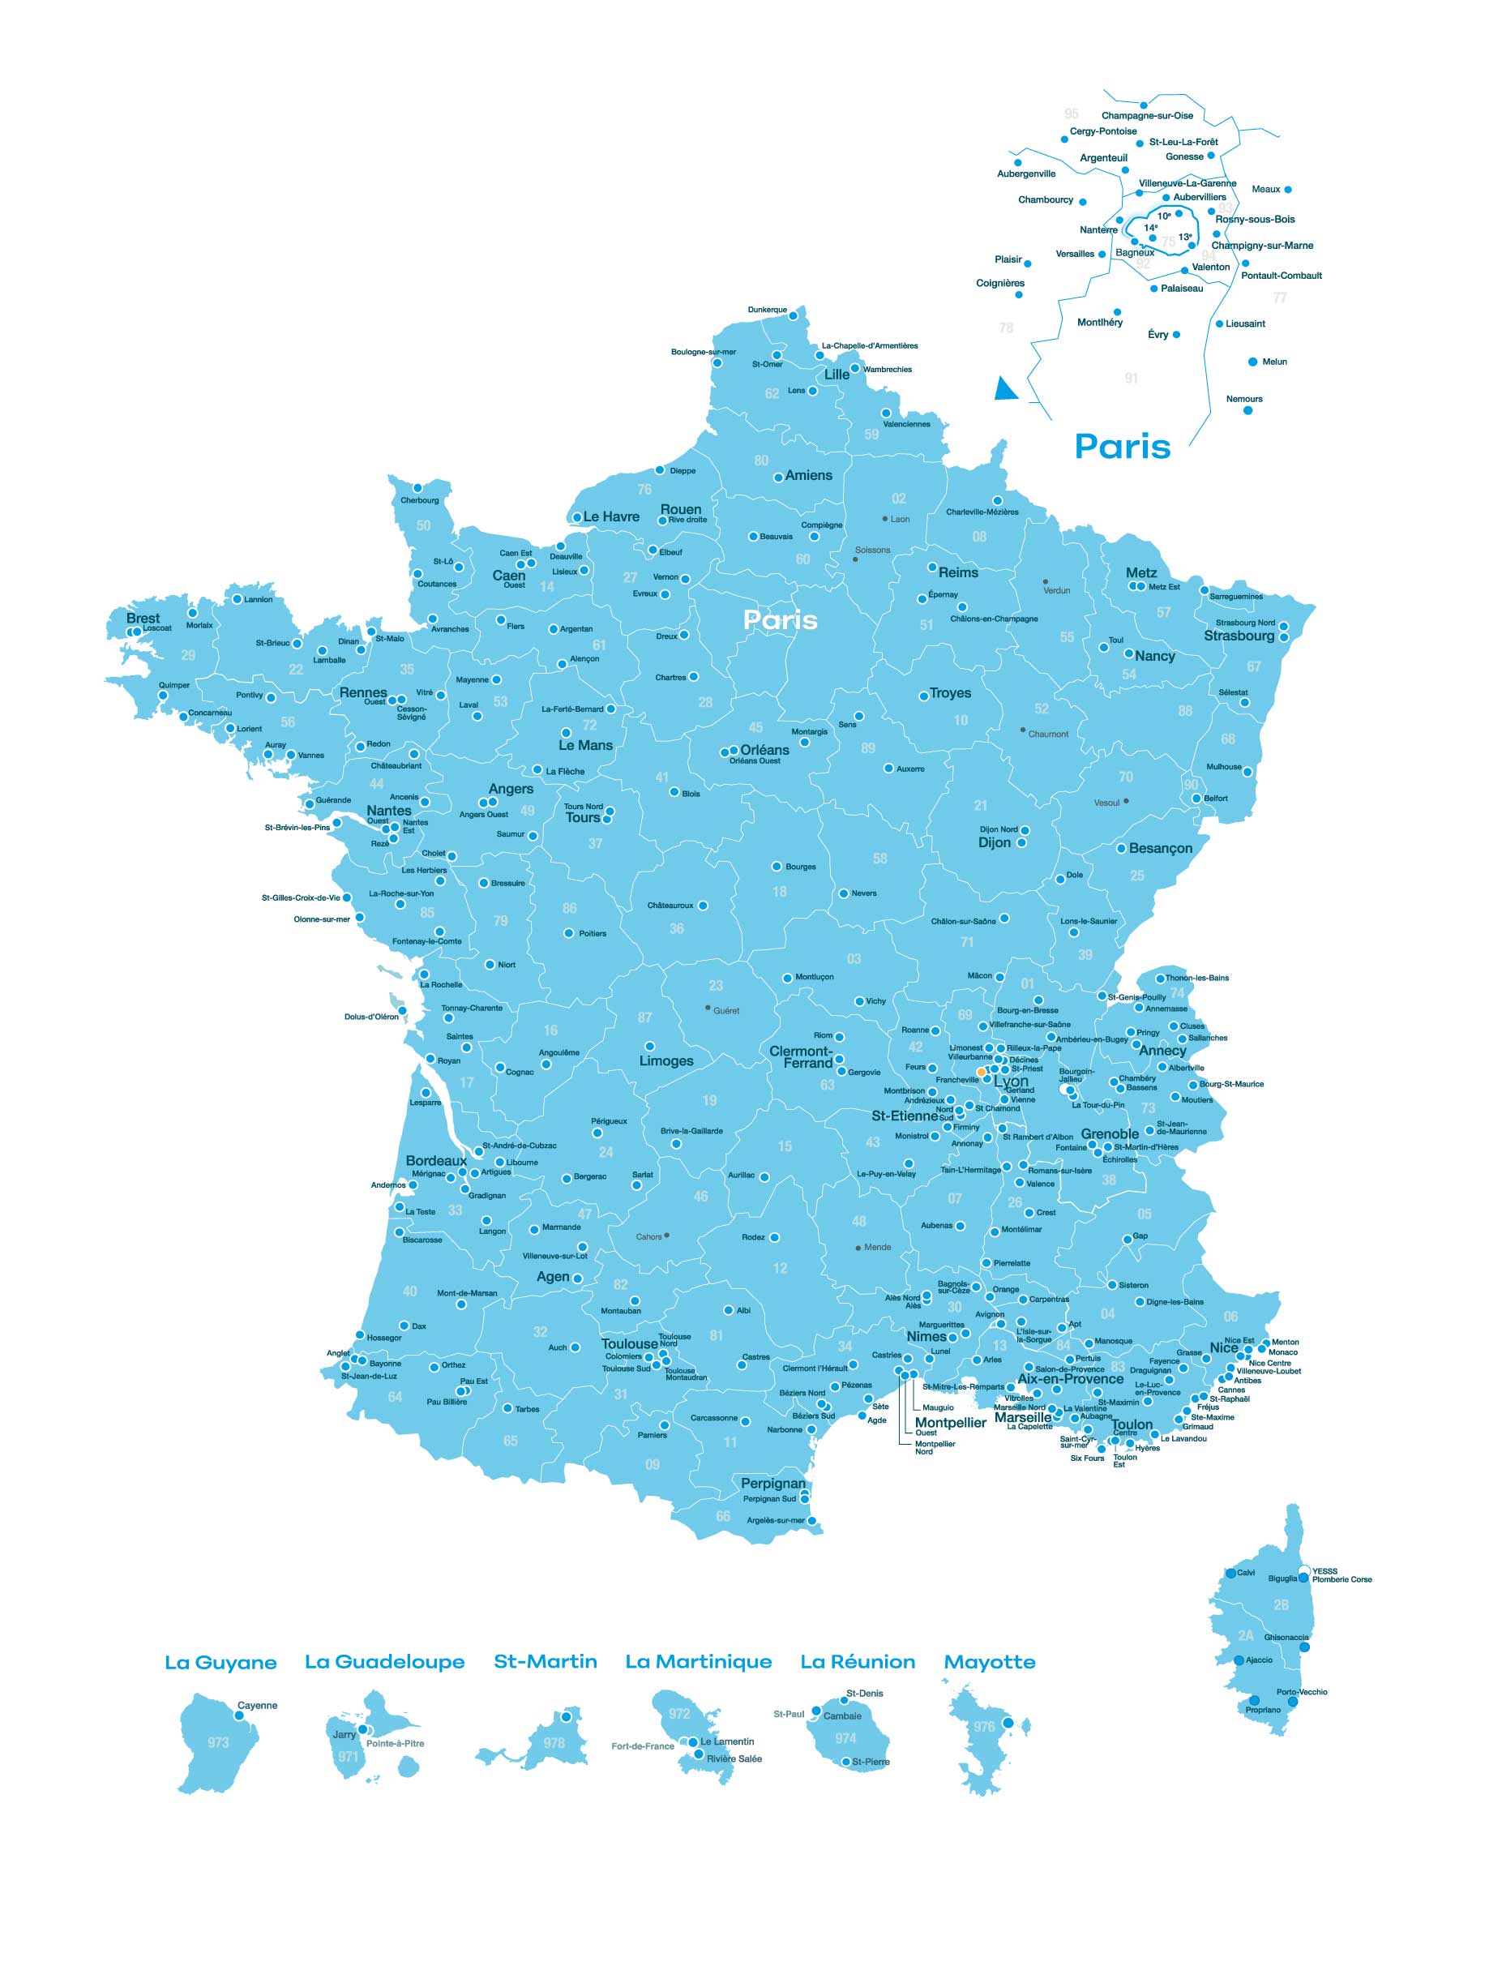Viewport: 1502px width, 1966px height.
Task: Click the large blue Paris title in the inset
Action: point(1122,446)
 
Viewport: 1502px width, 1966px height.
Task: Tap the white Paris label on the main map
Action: point(780,619)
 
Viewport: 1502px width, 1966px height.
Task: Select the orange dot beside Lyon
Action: point(981,1071)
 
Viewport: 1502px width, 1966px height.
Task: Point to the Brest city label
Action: point(143,618)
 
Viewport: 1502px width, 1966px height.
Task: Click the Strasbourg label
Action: point(1239,636)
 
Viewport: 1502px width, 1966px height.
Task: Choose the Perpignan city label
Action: point(772,1484)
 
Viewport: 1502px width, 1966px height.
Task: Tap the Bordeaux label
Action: point(435,1160)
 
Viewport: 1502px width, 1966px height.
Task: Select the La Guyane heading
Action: point(220,1663)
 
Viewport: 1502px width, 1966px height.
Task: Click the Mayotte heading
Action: point(989,1662)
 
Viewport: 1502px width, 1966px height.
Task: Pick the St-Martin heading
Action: point(545,1661)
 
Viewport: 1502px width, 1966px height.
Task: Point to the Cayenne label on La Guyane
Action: point(257,1705)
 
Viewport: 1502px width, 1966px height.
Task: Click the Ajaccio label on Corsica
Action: point(1259,1660)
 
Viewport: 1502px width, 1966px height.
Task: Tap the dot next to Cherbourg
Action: point(417,488)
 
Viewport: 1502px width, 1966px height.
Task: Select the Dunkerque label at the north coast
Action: point(767,310)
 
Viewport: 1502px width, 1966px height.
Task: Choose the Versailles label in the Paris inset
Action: point(1075,254)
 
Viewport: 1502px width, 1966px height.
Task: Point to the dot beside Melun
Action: point(1252,362)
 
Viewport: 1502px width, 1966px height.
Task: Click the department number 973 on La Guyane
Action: point(218,1742)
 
